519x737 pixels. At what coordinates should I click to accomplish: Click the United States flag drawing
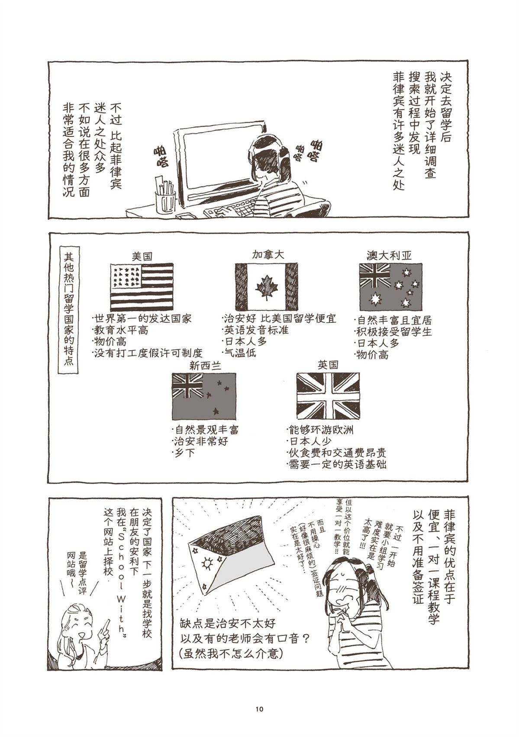(x=142, y=287)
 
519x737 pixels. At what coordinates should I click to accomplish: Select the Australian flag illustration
(x=390, y=287)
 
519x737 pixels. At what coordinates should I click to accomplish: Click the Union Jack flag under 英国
(x=328, y=396)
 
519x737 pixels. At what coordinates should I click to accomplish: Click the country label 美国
(x=142, y=256)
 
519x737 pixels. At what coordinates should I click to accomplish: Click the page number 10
(x=259, y=709)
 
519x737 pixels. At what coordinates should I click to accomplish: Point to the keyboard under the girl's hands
(x=229, y=211)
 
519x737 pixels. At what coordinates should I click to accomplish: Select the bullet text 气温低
(x=239, y=353)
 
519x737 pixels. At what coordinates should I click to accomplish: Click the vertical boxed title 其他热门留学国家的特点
(x=68, y=309)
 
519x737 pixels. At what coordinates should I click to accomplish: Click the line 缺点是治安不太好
(x=228, y=624)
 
